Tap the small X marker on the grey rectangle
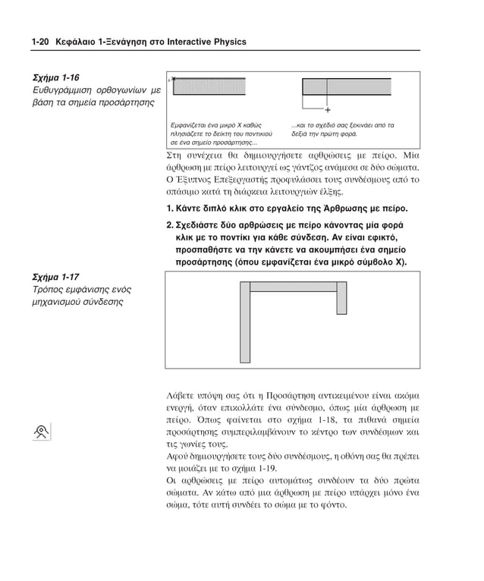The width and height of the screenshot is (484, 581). coord(173,78)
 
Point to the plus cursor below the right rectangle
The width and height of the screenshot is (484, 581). coord(327,108)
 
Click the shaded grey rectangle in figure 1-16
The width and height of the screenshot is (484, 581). coord(209,86)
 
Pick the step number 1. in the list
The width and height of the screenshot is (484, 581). coord(168,208)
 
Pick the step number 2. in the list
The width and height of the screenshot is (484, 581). coord(168,225)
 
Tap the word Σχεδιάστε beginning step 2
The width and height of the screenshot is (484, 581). coord(200,225)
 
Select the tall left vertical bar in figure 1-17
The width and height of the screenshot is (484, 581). coord(244,322)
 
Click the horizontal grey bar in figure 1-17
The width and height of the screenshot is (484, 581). coord(293,287)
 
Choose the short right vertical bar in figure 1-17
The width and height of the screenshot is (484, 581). coord(341,297)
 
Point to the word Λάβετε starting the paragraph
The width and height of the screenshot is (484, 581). coord(183,395)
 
